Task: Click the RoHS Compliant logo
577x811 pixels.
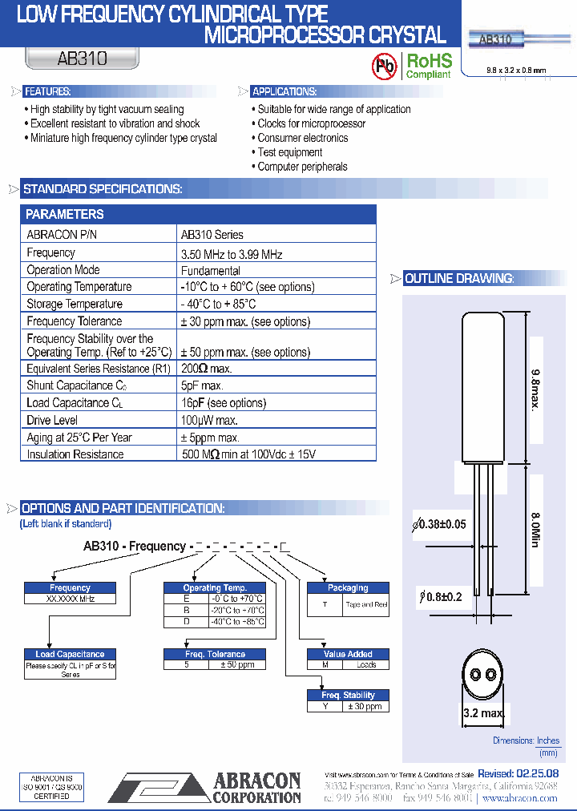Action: click(x=429, y=66)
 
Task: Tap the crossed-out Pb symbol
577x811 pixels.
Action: click(x=385, y=67)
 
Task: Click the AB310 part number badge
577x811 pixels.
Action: click(x=83, y=59)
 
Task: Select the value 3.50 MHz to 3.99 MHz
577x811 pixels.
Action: click(x=232, y=253)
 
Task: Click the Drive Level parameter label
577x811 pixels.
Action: click(x=51, y=420)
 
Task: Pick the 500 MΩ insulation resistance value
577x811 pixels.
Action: click(x=248, y=454)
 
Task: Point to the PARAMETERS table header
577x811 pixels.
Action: click(x=65, y=215)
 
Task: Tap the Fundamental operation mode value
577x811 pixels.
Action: click(x=210, y=271)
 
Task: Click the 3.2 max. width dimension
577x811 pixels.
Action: click(x=484, y=713)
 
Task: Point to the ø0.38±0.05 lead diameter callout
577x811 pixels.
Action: click(x=439, y=524)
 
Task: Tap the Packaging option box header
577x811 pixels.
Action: click(x=348, y=587)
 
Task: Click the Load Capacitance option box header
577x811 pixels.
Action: click(x=71, y=654)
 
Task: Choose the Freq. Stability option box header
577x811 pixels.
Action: click(x=349, y=695)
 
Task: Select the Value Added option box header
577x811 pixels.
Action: click(x=348, y=654)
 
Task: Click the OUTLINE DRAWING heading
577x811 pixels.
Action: click(x=458, y=279)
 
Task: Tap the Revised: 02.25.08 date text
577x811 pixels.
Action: click(x=518, y=774)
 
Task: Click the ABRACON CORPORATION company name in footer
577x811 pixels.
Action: click(x=256, y=789)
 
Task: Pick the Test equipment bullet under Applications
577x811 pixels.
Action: click(x=289, y=152)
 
